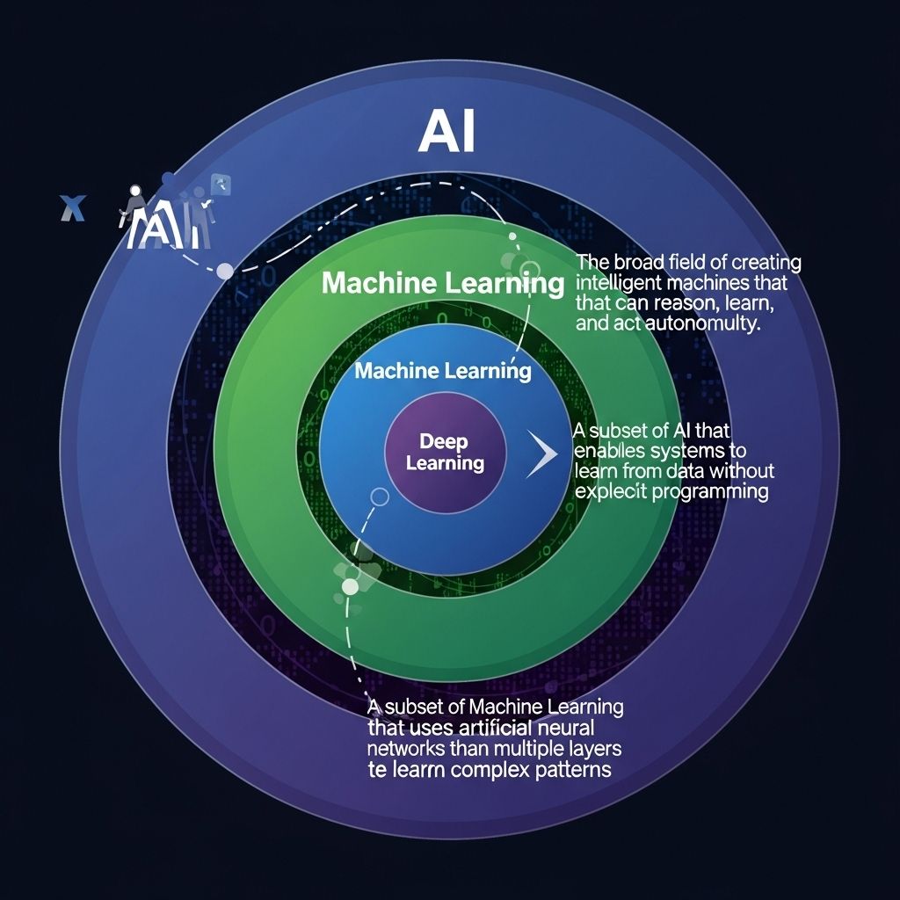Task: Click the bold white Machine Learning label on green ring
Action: pyautogui.click(x=442, y=284)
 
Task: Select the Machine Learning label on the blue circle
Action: pyautogui.click(x=443, y=370)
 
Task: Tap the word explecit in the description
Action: pyautogui.click(x=609, y=491)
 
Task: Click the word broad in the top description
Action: pyautogui.click(x=640, y=263)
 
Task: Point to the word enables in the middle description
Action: pyautogui.click(x=608, y=451)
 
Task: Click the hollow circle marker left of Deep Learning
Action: pyautogui.click(x=380, y=497)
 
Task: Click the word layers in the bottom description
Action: pyautogui.click(x=591, y=749)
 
